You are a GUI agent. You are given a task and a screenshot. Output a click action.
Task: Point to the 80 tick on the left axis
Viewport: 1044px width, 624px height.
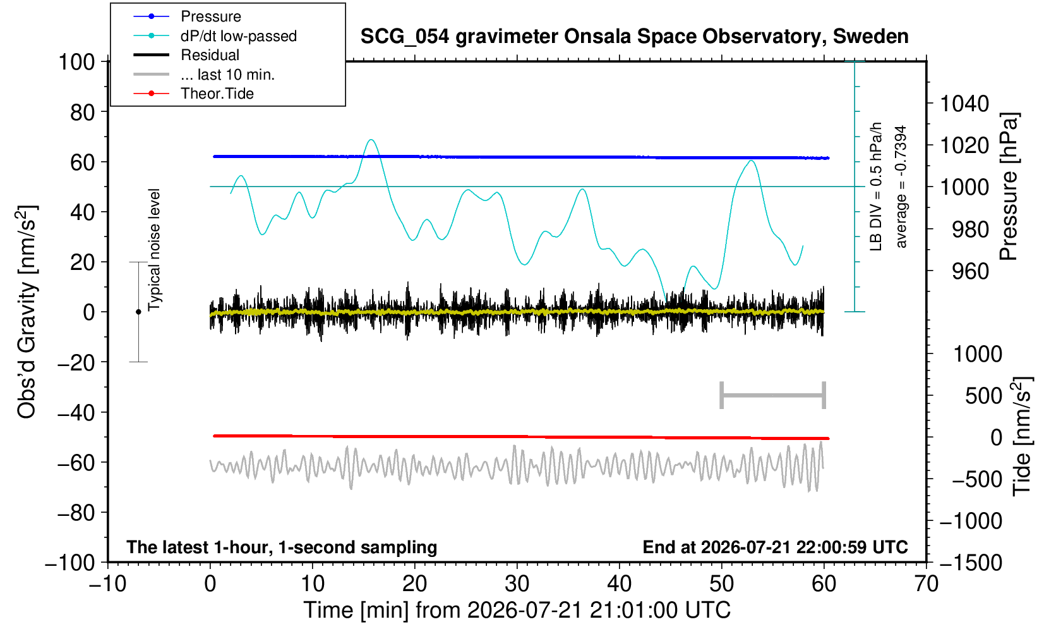pyautogui.click(x=83, y=112)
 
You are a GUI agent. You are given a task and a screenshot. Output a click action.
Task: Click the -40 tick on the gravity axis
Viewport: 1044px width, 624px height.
pyautogui.click(x=76, y=412)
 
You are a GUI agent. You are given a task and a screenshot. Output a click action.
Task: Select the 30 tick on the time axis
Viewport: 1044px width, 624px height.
pyautogui.click(x=517, y=584)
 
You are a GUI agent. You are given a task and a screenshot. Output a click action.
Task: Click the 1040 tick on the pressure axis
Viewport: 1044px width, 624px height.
pyautogui.click(x=964, y=103)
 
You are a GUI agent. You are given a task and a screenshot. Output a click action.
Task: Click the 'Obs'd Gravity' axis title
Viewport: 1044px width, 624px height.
pyautogui.click(x=26, y=312)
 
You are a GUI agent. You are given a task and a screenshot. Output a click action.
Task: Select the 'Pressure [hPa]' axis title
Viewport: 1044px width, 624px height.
pyautogui.click(x=1009, y=187)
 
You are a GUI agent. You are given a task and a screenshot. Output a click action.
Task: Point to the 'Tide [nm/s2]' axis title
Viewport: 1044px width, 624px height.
pyautogui.click(x=1022, y=436)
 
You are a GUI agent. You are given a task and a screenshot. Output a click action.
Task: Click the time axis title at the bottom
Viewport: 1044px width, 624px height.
pyautogui.click(x=517, y=610)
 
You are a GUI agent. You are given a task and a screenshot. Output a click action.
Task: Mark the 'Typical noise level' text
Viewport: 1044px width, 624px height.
pyautogui.click(x=154, y=250)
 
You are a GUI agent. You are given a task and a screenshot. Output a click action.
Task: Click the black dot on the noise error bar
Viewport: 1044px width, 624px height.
pyautogui.click(x=138, y=312)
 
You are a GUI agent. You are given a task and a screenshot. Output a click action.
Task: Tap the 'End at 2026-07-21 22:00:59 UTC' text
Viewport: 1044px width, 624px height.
pyautogui.click(x=775, y=547)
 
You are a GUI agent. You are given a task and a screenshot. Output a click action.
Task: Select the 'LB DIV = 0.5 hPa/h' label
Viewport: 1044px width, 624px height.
pyautogui.click(x=876, y=187)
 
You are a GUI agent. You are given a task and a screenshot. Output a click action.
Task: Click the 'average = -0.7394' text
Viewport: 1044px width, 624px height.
pyautogui.click(x=901, y=187)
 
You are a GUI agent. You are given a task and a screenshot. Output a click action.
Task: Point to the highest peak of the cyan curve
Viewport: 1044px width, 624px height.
pyautogui.click(x=371, y=140)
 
